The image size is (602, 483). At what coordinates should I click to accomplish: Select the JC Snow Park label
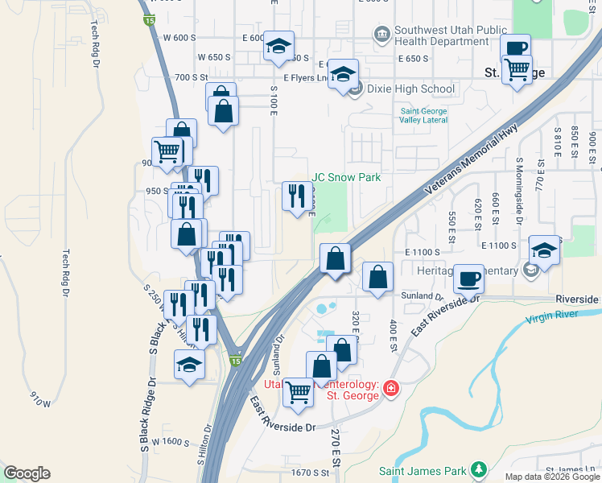346,177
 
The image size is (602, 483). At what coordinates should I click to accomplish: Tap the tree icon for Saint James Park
479,469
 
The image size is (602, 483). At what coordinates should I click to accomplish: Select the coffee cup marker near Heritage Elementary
469,279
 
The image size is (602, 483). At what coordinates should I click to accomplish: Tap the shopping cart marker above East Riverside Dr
299,392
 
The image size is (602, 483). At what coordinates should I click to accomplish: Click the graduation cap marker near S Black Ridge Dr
190,365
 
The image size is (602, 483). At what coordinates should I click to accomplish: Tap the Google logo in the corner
27,473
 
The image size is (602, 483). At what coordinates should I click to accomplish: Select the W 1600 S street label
174,442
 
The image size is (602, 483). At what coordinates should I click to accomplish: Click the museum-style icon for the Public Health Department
381,35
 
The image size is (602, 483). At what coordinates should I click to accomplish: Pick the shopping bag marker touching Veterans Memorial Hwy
335,259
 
